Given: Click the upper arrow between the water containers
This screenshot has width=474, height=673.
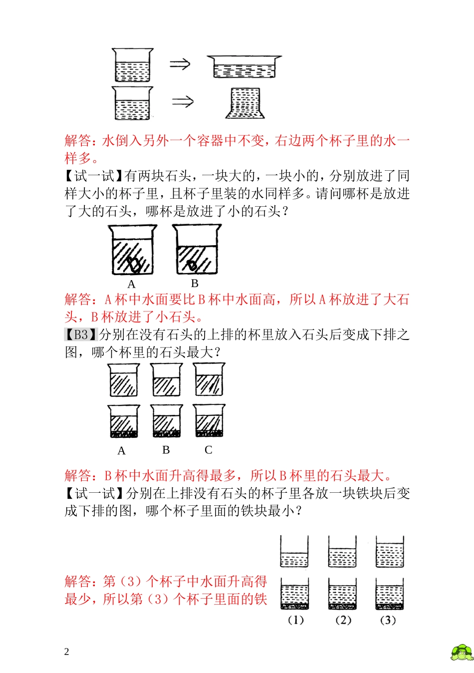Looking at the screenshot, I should point(180,64).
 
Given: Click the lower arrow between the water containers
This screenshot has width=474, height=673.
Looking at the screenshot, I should point(183,102).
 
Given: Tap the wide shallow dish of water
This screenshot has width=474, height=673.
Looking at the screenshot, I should point(244,67).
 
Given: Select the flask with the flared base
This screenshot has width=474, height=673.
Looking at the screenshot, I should point(245,103).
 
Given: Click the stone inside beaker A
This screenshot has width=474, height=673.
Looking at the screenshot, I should point(133,263).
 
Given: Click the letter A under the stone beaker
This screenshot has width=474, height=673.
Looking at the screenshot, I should point(131,285).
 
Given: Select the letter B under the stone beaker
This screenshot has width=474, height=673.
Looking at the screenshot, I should point(195,284).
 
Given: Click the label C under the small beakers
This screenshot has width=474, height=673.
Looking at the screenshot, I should point(209,450).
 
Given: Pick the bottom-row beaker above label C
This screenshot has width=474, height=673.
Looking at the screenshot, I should point(209,421).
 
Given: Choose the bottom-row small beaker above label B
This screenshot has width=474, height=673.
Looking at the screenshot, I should point(167,421).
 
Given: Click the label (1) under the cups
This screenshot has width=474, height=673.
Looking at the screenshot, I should point(295,620).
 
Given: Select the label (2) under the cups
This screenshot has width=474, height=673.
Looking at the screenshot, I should point(343,620).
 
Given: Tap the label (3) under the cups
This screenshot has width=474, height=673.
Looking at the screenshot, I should point(388,620).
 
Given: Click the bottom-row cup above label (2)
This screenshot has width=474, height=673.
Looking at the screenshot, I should point(342,594).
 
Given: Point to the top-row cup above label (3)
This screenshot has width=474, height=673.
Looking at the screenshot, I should point(390,552).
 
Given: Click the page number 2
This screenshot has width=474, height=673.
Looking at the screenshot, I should point(67,652).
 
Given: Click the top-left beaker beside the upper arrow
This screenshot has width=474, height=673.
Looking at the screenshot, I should point(132,65).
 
